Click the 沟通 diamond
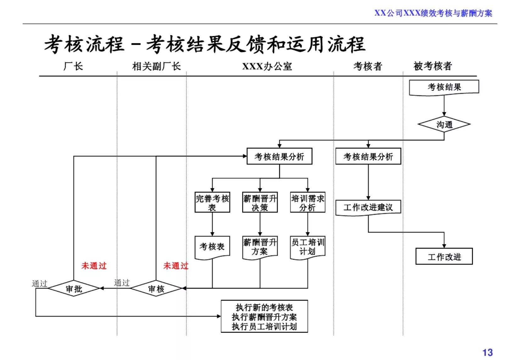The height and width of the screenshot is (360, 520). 444,125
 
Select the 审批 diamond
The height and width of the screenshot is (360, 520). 74,289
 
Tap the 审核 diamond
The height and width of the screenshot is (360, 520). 156,289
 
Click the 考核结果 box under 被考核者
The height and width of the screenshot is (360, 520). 444,87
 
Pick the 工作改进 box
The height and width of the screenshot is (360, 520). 444,256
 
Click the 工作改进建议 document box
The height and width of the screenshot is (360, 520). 368,207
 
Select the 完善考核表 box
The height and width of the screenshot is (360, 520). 212,203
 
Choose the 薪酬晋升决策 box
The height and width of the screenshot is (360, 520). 260,203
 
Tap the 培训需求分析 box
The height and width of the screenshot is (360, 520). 307,203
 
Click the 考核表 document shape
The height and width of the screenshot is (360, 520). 212,247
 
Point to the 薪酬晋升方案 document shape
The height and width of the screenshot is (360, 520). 260,247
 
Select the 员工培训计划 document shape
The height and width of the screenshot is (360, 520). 307,247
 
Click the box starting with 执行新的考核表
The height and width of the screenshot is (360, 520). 264,316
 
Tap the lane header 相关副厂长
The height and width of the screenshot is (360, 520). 156,66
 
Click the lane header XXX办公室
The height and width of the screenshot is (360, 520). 267,66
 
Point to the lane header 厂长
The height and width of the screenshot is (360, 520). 73,66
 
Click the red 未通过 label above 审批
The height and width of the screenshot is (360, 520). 94,266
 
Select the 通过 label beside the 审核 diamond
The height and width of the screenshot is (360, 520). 122,283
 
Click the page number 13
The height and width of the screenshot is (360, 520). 487,352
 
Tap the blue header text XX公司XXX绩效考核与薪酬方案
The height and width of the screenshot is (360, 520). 433,13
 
